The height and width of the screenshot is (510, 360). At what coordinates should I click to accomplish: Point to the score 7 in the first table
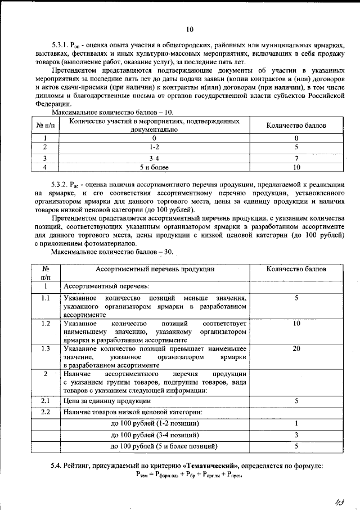click(x=296, y=159)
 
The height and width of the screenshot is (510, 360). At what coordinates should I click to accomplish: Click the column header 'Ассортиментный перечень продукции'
click(x=155, y=269)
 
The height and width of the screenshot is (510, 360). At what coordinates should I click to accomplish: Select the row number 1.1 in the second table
click(x=46, y=298)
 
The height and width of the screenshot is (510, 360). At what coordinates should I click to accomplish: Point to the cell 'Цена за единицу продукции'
click(x=107, y=401)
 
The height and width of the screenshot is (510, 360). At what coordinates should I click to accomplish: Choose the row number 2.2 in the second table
click(x=46, y=413)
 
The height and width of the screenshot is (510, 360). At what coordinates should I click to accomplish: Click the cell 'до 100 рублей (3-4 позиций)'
click(x=155, y=435)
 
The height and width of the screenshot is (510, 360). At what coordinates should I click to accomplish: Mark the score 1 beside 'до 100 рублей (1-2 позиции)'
click(x=296, y=423)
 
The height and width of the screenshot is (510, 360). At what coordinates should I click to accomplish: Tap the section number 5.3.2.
click(x=59, y=185)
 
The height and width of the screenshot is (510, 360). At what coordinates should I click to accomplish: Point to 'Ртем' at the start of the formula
click(x=141, y=476)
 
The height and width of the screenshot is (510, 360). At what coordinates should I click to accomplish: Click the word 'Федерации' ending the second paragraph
click(x=51, y=104)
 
